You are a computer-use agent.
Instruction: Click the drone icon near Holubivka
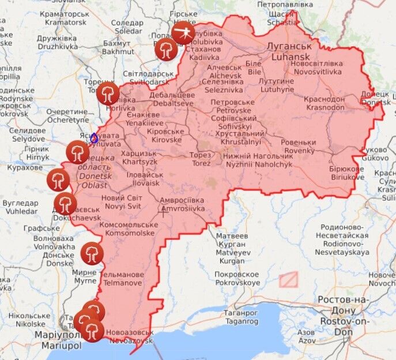[183, 33]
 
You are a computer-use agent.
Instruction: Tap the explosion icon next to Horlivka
[108, 93]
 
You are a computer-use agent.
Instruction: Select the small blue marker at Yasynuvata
[94, 138]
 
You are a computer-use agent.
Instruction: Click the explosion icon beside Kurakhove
[58, 180]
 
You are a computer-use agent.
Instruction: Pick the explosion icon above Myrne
[92, 253]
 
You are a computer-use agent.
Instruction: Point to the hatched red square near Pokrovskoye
[288, 280]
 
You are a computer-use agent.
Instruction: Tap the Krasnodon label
[326, 103]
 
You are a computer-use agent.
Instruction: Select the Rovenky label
[299, 147]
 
